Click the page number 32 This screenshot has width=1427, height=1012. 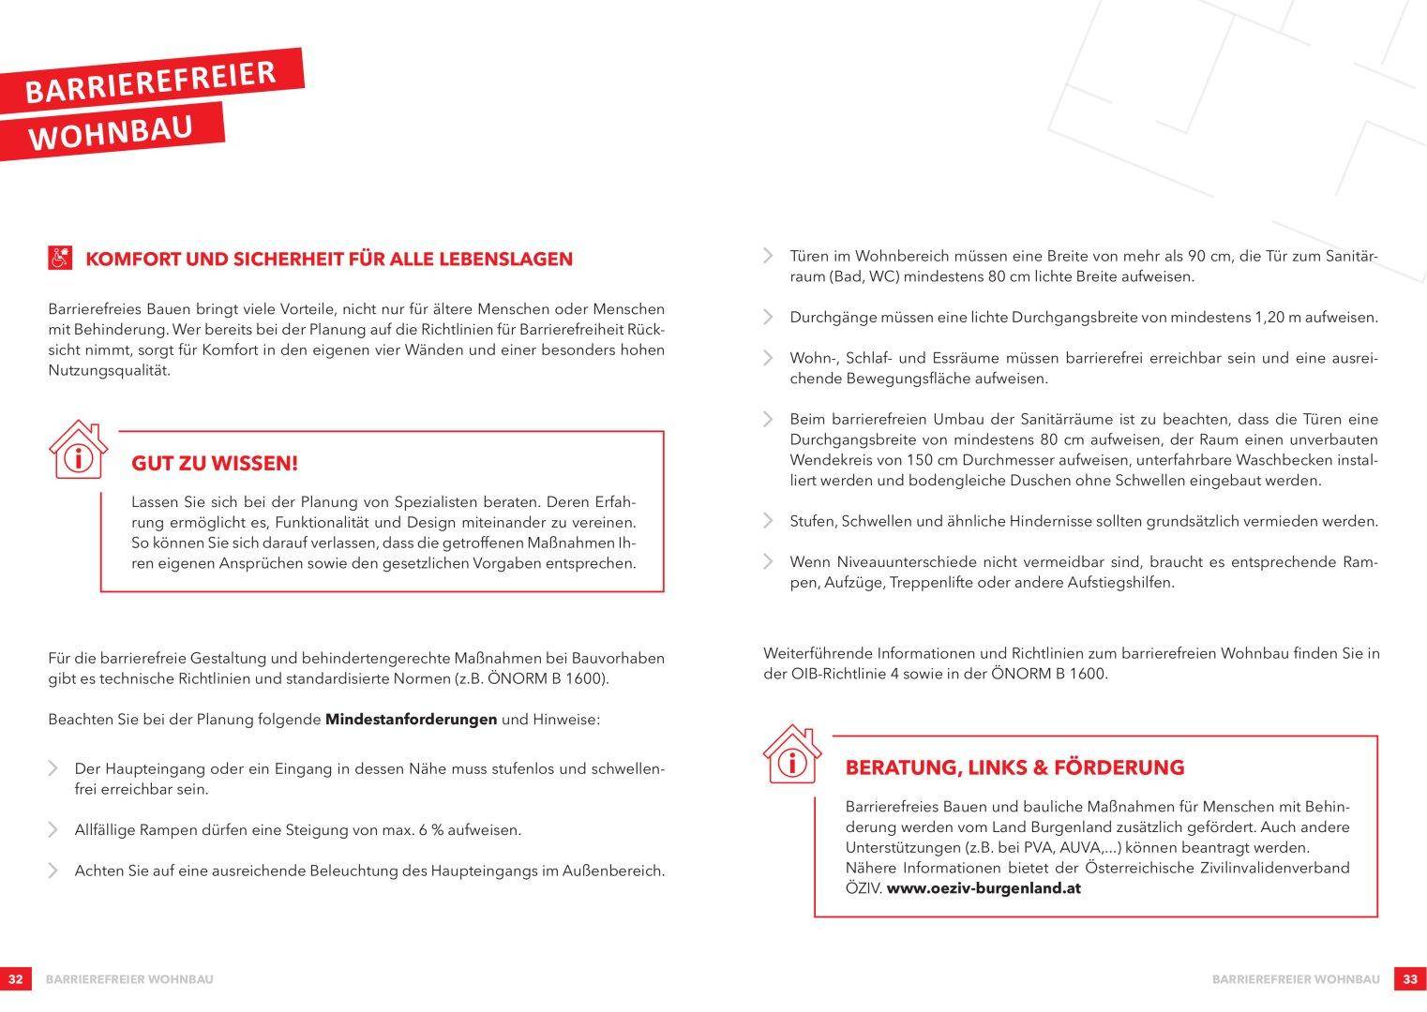[x=15, y=979]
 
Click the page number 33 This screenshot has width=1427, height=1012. [x=1410, y=979]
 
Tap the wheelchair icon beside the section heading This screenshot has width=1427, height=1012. [x=60, y=258]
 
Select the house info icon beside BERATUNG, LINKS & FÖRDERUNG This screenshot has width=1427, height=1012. [x=792, y=755]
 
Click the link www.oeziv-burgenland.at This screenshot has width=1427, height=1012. [x=984, y=888]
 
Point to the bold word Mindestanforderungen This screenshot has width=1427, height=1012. [x=411, y=720]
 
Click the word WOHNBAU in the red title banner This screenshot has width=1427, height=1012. [x=110, y=131]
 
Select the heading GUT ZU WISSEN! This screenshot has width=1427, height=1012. [x=215, y=464]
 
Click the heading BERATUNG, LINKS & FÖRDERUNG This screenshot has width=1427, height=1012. [x=1014, y=768]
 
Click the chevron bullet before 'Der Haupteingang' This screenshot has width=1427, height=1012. [x=53, y=769]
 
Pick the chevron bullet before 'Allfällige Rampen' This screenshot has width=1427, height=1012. [x=53, y=830]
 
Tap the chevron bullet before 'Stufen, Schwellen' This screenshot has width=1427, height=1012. [x=768, y=521]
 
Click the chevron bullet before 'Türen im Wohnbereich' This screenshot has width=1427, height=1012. [x=768, y=256]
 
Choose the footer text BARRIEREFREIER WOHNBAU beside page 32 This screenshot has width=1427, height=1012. [x=129, y=979]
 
